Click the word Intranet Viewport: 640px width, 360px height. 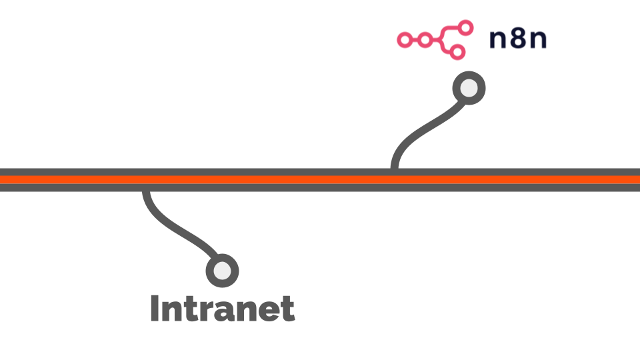(x=223, y=308)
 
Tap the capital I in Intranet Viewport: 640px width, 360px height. (x=155, y=308)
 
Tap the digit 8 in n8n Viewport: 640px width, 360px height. (x=518, y=39)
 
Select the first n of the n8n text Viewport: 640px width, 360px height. (x=498, y=41)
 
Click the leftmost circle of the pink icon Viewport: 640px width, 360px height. (x=405, y=40)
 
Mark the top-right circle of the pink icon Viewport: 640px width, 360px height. (x=465, y=28)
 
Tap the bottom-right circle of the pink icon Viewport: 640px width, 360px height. (x=458, y=52)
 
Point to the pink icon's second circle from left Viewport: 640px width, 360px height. (x=425, y=40)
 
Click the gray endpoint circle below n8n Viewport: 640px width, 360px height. (x=469, y=88)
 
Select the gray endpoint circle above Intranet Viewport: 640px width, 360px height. (x=223, y=271)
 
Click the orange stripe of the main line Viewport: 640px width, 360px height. (x=320, y=179)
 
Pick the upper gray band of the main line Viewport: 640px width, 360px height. (x=320, y=172)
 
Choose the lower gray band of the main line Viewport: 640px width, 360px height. (x=320, y=187)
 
